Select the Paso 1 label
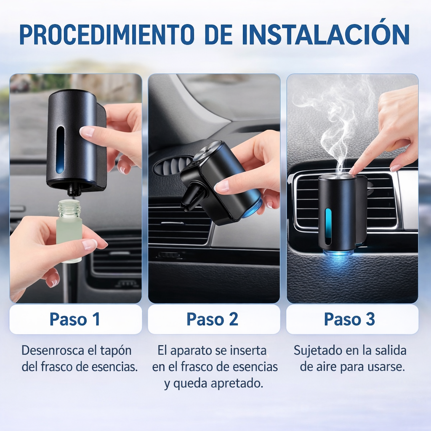[75, 319]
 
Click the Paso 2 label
[212, 319]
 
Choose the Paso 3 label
[349, 319]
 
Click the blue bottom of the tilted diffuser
[251, 207]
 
